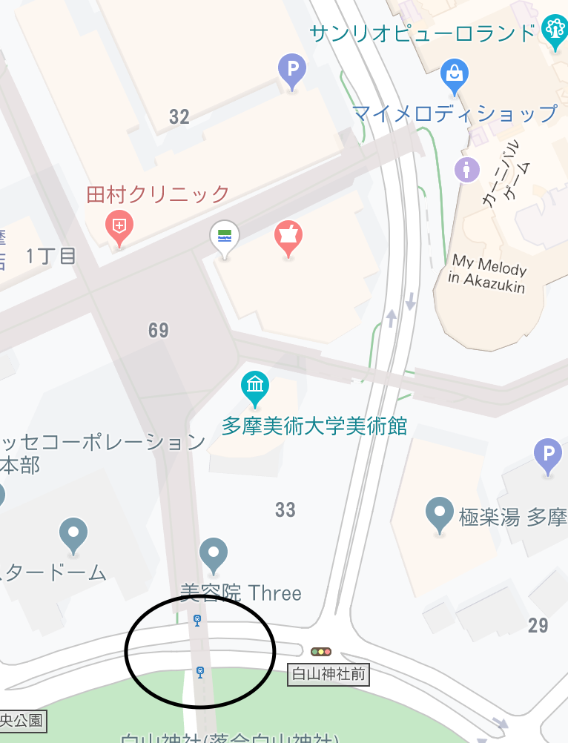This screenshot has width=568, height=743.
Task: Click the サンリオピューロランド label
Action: [423, 33]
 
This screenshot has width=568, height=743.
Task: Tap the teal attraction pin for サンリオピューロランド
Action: [554, 30]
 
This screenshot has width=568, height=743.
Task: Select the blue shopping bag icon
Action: [454, 73]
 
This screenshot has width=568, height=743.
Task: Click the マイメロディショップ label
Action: [455, 113]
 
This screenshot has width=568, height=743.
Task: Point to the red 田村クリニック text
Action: [158, 195]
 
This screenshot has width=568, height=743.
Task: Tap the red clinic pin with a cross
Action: [119, 225]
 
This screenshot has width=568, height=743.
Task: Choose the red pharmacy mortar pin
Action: [288, 236]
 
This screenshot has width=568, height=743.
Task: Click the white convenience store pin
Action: [225, 237]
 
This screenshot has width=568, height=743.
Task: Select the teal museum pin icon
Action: [255, 386]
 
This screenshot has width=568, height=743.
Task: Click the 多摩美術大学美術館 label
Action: [314, 426]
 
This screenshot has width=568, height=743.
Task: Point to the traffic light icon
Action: [321, 652]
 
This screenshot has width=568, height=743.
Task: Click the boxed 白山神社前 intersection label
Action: [328, 674]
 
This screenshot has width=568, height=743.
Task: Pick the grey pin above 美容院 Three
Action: [214, 553]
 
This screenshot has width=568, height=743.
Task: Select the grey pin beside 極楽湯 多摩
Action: [440, 512]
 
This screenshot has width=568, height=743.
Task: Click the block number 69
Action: [159, 330]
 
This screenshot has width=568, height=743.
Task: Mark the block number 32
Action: [179, 116]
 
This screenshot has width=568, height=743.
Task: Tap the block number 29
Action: [538, 625]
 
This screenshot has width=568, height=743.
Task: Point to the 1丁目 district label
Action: [51, 257]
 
